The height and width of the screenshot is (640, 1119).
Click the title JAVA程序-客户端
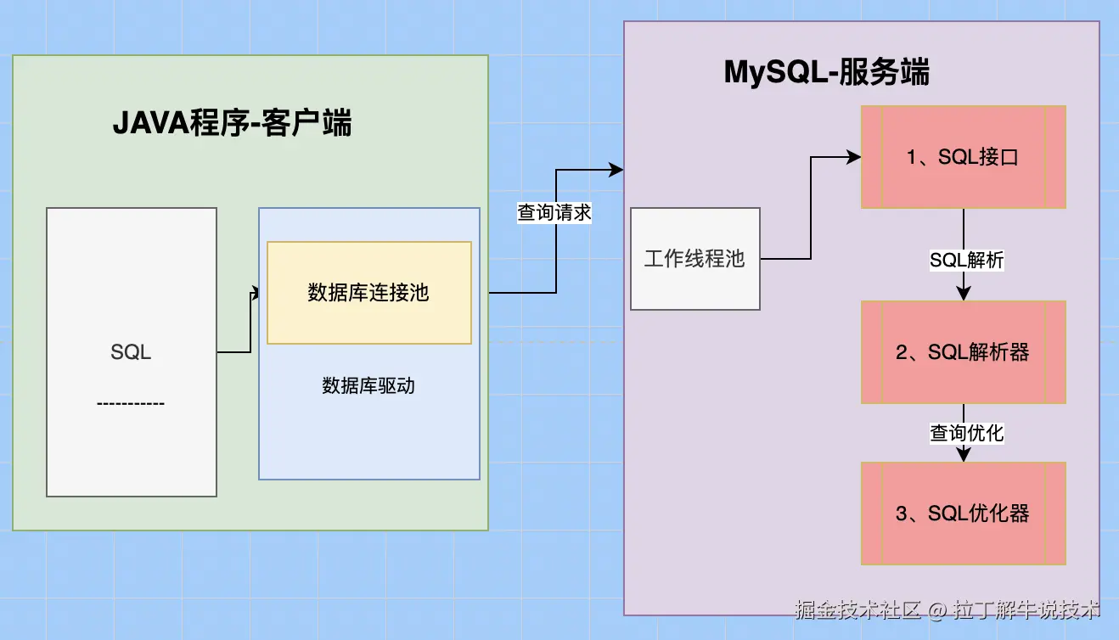point(232,125)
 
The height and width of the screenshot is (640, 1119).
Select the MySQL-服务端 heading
point(826,73)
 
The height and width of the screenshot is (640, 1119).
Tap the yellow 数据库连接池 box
point(368,293)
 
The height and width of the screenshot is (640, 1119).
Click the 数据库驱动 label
point(368,386)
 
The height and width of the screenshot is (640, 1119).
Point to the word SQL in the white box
point(131,351)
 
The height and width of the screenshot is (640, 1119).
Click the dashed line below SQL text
point(131,403)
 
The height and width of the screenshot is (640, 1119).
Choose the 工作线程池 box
point(694,258)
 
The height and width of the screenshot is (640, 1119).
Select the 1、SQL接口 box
point(963,157)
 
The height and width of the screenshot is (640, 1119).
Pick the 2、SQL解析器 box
point(963,351)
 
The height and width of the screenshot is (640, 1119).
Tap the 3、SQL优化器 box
point(963,513)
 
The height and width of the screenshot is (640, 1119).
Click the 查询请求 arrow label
point(554,212)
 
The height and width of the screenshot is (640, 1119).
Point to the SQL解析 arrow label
point(966,261)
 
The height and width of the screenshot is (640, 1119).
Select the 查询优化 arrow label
point(966,433)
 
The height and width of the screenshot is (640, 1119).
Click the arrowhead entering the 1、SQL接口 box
point(854,157)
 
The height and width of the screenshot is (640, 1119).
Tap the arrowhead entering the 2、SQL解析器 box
point(964,294)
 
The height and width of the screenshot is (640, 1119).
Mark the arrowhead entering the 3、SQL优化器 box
point(964,455)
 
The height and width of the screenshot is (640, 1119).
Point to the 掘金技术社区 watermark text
point(858,609)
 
